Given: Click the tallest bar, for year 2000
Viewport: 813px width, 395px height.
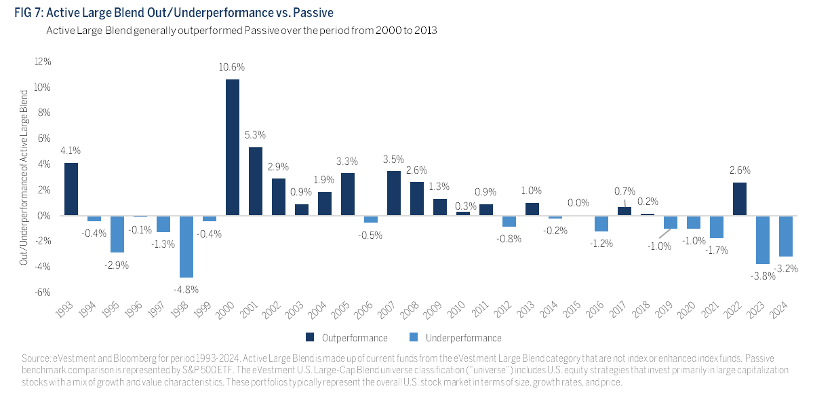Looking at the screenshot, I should pos(232,147).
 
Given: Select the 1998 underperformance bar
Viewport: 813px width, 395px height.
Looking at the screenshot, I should pos(186,246).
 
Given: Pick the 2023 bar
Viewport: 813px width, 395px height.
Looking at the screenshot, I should pos(764,240).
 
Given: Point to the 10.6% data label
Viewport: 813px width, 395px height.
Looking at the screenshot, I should pos(232,67).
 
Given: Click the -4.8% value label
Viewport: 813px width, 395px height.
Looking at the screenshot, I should pos(186,288).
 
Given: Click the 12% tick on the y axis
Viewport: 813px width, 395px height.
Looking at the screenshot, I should pos(42,62).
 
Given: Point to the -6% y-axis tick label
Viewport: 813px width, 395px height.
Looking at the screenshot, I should pos(43,292).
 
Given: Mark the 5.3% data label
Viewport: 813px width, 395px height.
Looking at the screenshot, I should pos(256,135).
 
